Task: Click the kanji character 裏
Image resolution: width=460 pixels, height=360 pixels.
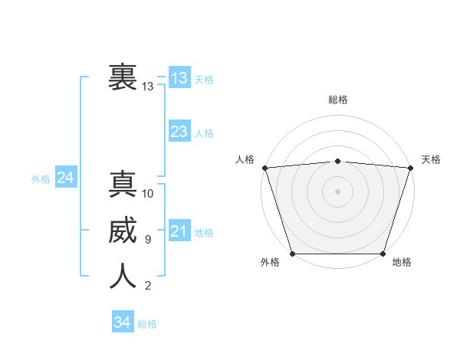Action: click(x=123, y=78)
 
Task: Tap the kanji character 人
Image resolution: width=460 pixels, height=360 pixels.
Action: click(x=123, y=277)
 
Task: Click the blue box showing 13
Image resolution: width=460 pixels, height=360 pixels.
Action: click(x=179, y=77)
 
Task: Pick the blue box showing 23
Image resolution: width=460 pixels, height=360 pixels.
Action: click(x=179, y=132)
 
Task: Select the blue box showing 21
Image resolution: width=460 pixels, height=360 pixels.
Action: click(x=179, y=231)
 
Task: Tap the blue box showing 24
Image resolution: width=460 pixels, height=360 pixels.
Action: click(x=66, y=178)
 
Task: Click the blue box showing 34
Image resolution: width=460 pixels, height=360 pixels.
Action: click(x=122, y=322)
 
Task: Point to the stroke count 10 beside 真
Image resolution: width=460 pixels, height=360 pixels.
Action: click(x=148, y=193)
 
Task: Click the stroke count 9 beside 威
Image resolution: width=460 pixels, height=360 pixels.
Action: click(x=147, y=240)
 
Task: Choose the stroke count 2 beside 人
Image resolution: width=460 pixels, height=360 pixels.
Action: click(x=147, y=286)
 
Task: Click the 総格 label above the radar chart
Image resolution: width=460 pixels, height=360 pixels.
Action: click(x=337, y=100)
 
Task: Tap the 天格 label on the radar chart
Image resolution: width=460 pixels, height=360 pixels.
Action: click(x=432, y=159)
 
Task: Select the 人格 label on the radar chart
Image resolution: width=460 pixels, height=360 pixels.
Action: click(x=245, y=159)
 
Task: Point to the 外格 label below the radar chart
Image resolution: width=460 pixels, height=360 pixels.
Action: click(x=270, y=262)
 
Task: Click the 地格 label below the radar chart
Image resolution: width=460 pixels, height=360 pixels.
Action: click(x=402, y=262)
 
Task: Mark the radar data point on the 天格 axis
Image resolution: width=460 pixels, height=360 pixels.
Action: click(x=410, y=167)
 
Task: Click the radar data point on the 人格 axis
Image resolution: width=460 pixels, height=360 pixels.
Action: click(x=264, y=167)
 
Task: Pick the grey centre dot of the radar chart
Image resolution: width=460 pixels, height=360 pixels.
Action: click(x=337, y=191)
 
